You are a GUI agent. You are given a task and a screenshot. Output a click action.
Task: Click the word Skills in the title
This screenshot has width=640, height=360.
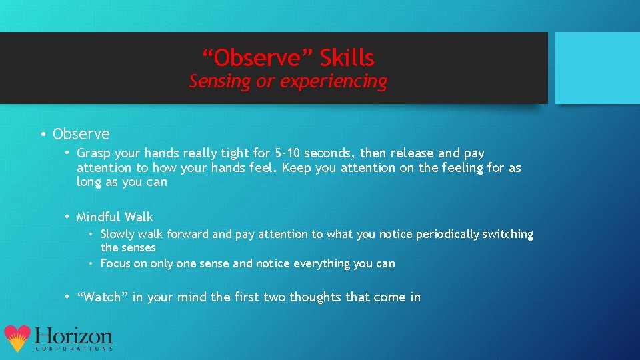click(x=347, y=59)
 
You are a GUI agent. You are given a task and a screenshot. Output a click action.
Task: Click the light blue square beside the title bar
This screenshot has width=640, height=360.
click(x=597, y=68)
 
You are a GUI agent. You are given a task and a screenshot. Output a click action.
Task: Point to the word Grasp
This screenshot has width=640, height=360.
click(x=94, y=153)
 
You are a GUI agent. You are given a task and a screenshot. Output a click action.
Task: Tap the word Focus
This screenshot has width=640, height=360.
click(x=115, y=263)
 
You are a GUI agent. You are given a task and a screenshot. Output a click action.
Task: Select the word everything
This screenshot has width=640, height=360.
click(x=337, y=263)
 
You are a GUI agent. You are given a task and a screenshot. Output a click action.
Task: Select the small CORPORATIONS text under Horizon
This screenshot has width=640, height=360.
click(x=73, y=349)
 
